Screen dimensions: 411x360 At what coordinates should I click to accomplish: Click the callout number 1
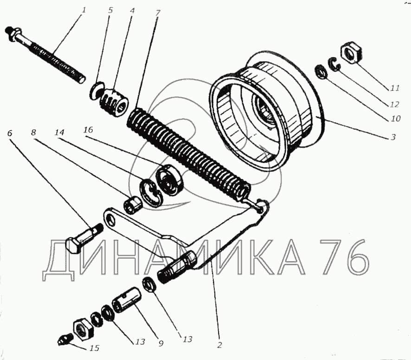[83, 11]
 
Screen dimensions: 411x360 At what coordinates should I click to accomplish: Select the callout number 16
[88, 130]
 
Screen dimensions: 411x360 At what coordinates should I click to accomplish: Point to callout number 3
[393, 137]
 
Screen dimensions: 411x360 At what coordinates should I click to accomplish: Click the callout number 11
[394, 88]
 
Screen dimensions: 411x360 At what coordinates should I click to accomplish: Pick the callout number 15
[95, 348]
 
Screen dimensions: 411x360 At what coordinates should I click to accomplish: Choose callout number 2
[220, 345]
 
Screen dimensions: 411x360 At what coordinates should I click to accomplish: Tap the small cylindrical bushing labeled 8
[133, 204]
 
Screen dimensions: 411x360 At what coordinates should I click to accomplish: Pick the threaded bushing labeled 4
[114, 101]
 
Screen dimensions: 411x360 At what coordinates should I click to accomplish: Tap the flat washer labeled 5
[96, 91]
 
